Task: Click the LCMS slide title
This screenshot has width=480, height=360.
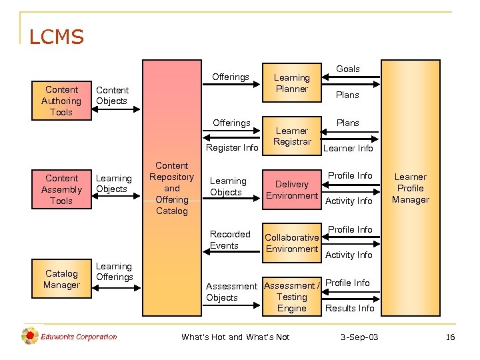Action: click(x=57, y=37)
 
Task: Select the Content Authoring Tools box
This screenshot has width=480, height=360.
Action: click(x=61, y=101)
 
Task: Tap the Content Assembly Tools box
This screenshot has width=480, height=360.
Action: click(x=61, y=189)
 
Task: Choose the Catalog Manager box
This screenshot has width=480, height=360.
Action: click(x=61, y=279)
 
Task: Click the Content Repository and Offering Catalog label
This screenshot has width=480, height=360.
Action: click(x=171, y=188)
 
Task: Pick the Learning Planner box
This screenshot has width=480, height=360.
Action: click(x=292, y=83)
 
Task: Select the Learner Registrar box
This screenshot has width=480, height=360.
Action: click(x=292, y=136)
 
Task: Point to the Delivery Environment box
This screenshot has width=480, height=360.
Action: click(x=292, y=190)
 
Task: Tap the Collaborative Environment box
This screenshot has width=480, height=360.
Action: click(x=292, y=243)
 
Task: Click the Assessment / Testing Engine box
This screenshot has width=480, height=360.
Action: click(x=292, y=297)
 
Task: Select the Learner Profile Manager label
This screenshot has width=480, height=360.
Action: click(x=411, y=188)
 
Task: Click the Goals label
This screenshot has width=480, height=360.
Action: click(x=347, y=69)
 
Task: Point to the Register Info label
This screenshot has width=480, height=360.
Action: click(x=232, y=147)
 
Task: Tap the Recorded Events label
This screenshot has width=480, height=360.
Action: click(x=230, y=240)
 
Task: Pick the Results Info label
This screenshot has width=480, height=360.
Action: click(x=349, y=308)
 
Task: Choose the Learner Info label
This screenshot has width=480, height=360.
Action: click(x=348, y=148)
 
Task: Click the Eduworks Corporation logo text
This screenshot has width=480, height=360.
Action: click(x=79, y=337)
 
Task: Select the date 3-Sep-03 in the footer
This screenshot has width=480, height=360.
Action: click(x=359, y=337)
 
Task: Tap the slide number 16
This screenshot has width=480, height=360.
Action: click(x=450, y=337)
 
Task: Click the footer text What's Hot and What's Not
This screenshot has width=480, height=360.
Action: click(x=235, y=337)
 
